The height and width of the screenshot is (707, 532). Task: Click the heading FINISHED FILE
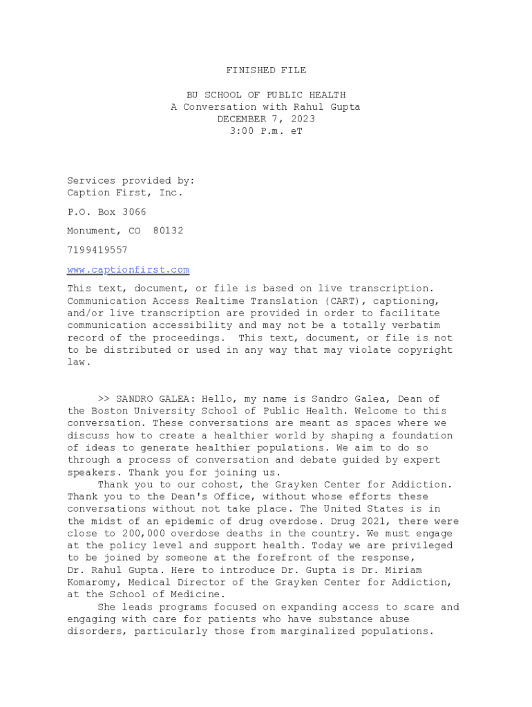[x=266, y=70]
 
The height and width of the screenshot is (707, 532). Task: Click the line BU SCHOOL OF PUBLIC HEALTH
[x=266, y=95]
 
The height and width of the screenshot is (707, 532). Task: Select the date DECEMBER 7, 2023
[x=266, y=119]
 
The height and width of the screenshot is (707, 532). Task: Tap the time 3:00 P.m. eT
[x=266, y=131]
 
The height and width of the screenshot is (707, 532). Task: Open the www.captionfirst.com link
[x=128, y=270]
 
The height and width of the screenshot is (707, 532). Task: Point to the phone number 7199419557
[x=97, y=250]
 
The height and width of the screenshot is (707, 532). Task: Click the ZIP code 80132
[x=168, y=231]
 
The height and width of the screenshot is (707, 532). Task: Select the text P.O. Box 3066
[x=106, y=212]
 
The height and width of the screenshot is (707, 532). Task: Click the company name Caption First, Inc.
[x=125, y=193]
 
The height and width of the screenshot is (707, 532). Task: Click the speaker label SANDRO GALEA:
[x=155, y=399]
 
